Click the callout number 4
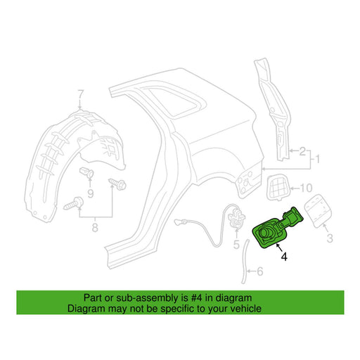[284, 257]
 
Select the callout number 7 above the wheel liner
[80, 94]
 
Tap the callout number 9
[91, 194]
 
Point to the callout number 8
[95, 228]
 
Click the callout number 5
[236, 245]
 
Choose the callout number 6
[260, 271]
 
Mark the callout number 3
[330, 238]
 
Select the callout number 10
[306, 188]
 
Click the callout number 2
[302, 151]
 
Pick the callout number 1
[318, 160]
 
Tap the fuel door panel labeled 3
[318, 212]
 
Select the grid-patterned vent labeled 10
[278, 187]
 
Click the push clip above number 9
[86, 173]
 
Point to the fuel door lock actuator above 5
[236, 217]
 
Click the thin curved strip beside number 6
[245, 262]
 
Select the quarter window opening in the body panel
[174, 102]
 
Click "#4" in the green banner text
[197, 298]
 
